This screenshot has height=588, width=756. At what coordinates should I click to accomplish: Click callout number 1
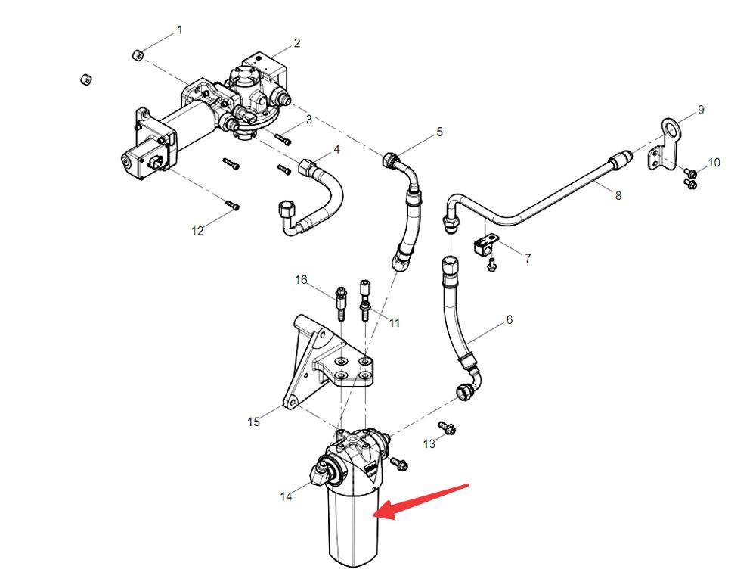pos(179,30)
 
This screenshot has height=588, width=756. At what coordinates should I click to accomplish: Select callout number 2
pos(297,43)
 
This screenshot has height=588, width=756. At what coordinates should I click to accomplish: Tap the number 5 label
pos(440,132)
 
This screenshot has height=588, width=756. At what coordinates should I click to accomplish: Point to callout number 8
pos(618,195)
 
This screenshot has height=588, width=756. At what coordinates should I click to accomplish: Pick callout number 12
pos(197,231)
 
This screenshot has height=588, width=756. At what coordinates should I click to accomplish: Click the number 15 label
pos(254,422)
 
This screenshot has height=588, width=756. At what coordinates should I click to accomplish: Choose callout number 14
pos(286,496)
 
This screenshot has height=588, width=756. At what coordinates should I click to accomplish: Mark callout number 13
pos(429,443)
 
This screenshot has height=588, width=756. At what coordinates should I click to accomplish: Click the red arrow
pos(423,500)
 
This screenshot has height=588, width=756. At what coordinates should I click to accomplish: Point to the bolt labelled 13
pos(448,428)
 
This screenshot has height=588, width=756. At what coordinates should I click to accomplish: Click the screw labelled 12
pos(234,204)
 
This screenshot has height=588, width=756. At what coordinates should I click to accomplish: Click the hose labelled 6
pos(454,318)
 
